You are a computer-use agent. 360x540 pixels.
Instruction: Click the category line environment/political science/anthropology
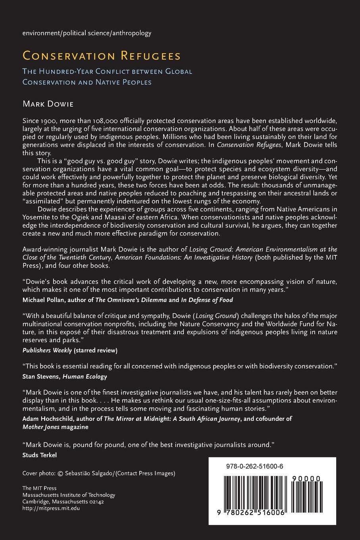[x=87, y=33]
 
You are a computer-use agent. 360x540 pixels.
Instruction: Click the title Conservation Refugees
[x=102, y=56]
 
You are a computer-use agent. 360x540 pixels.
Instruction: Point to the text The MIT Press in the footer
[x=39, y=488]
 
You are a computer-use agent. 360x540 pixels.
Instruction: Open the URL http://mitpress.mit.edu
[x=51, y=508]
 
